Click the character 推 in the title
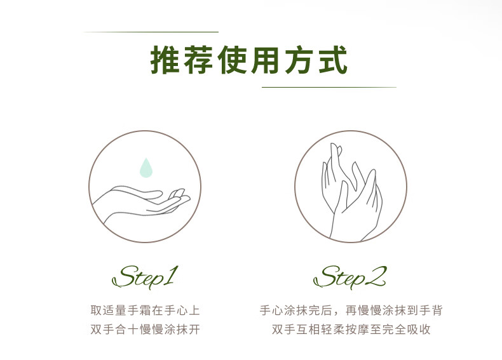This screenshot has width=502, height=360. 165,60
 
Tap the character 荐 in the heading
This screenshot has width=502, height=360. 199,60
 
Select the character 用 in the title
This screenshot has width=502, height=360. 266,60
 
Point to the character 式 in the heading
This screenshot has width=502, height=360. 332,60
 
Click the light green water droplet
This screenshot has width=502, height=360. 146,168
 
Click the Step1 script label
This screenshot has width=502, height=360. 145,276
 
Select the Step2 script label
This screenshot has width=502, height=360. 350,276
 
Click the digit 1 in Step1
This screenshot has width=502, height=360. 170,274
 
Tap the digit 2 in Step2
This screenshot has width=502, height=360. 376,276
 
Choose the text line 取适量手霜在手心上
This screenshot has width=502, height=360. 146,310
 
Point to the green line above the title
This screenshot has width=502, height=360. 151,32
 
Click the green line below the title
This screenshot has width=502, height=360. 329,87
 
